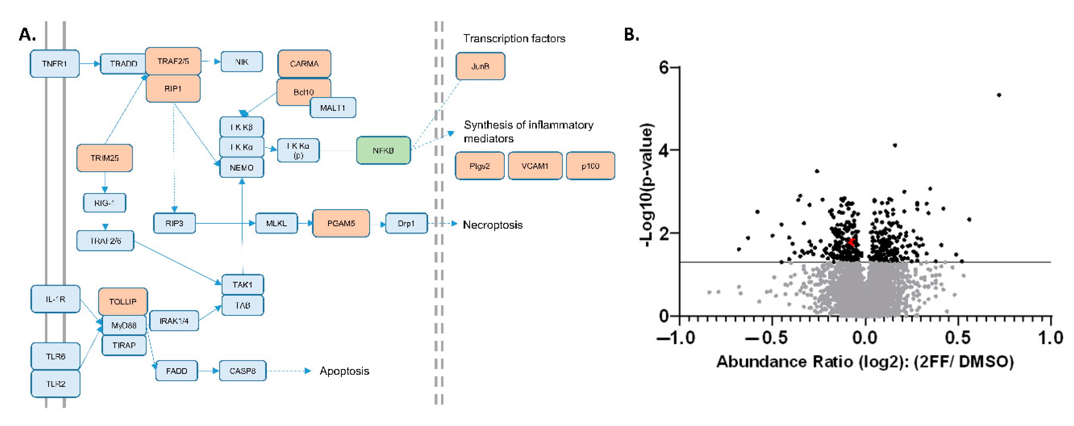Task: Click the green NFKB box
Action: tap(383, 151)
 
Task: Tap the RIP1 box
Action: tap(173, 89)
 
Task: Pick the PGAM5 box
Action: tap(341, 223)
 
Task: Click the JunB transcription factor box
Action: tap(480, 66)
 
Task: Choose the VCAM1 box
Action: tap(535, 166)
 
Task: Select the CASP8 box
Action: tap(243, 371)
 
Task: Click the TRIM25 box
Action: tap(105, 158)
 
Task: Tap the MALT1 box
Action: tap(333, 108)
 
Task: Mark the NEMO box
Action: tap(242, 167)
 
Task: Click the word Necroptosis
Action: tap(493, 225)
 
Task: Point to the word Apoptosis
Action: tap(344, 371)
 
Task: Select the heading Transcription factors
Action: tap(514, 39)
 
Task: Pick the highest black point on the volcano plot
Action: tap(999, 95)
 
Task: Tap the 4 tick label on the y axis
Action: tap(663, 150)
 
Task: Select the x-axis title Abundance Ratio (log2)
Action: tap(865, 362)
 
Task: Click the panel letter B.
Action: tap(631, 35)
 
